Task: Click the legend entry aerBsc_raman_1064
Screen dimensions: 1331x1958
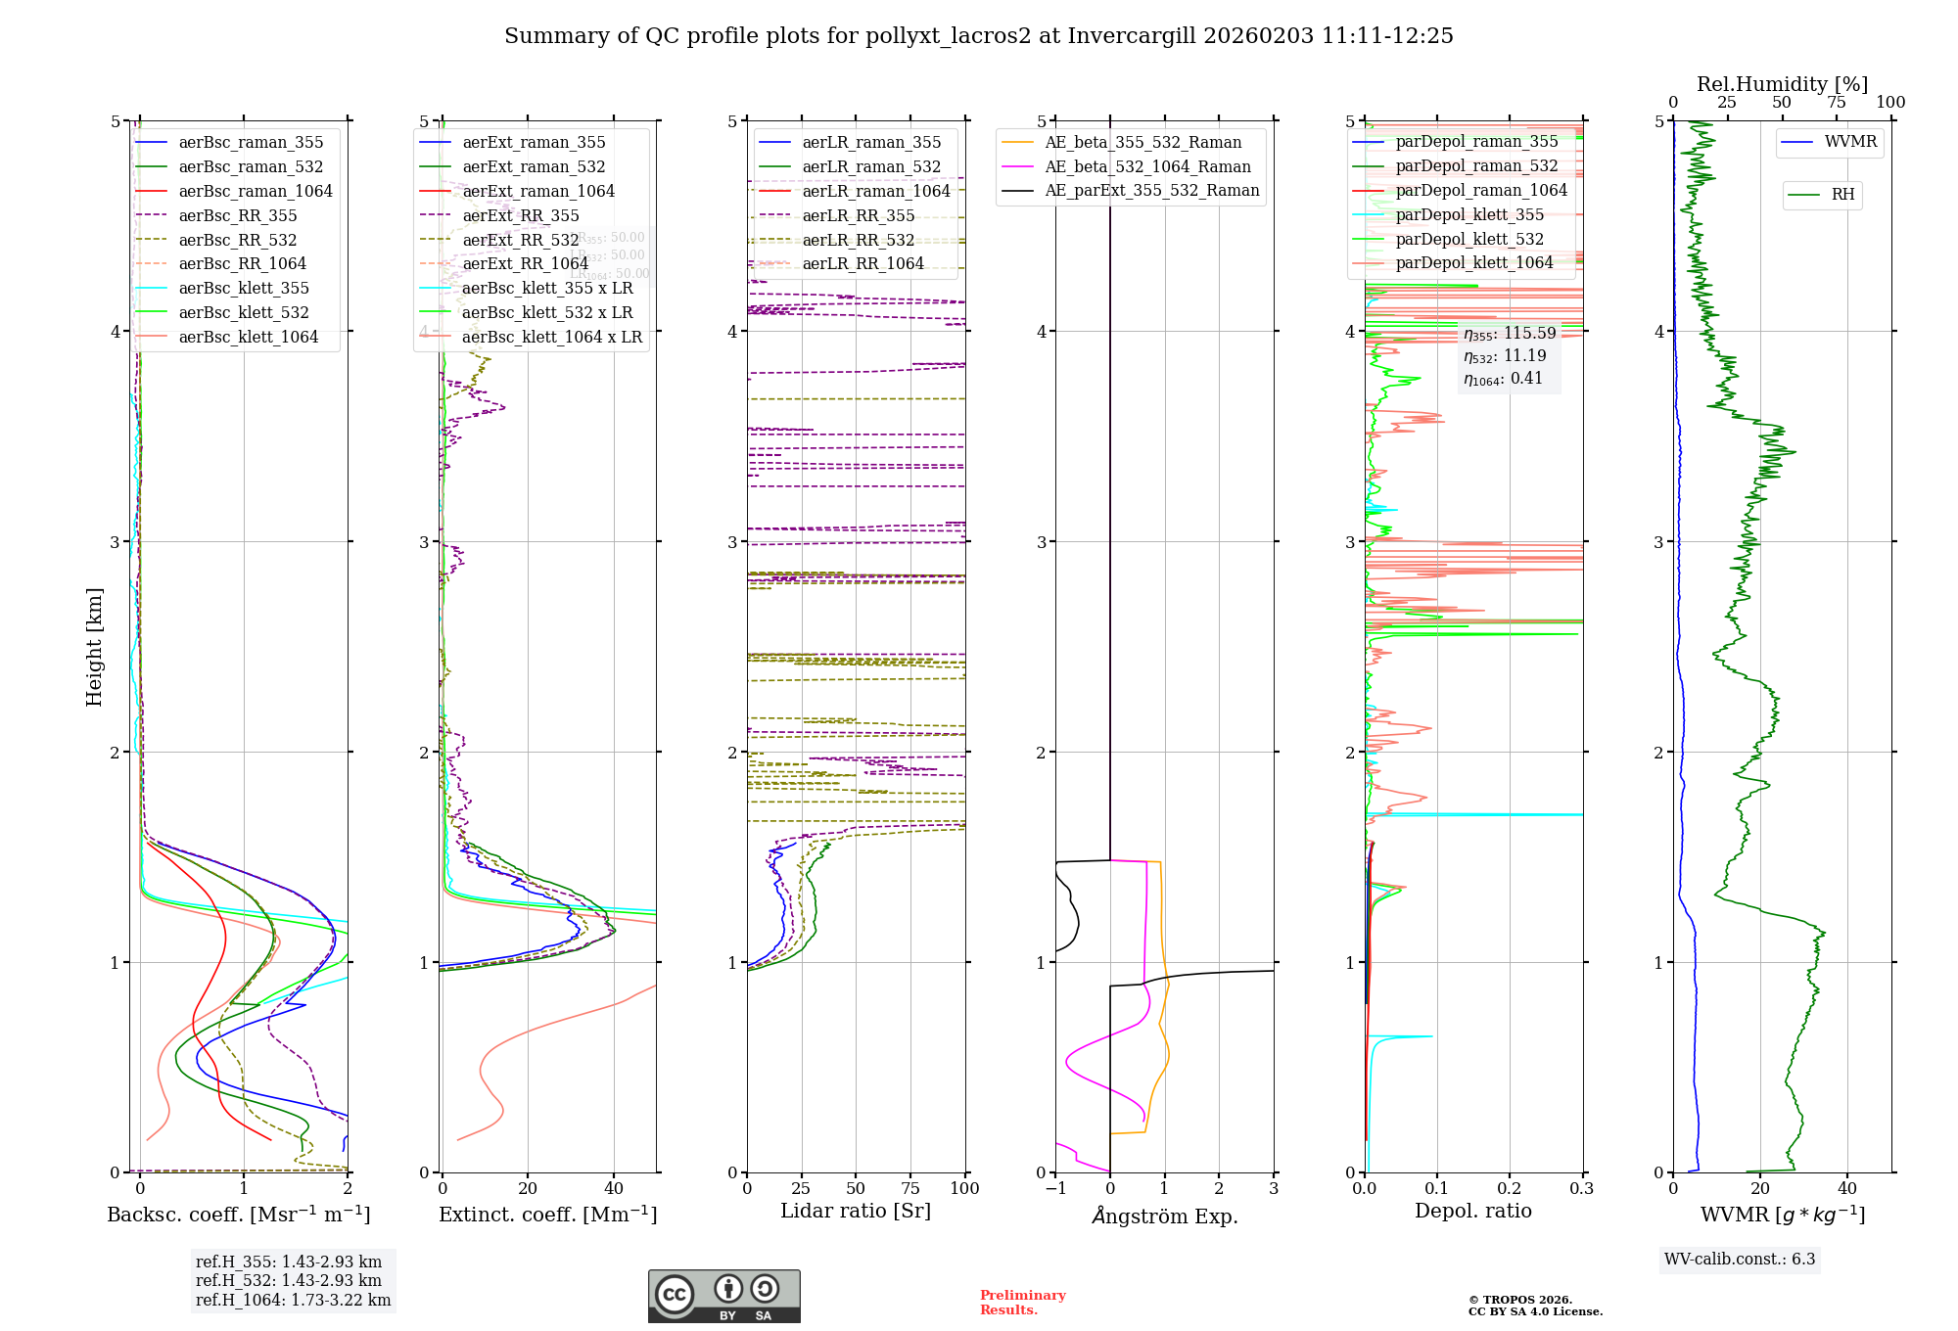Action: click(x=255, y=191)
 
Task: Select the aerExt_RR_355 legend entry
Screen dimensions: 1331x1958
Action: click(x=521, y=215)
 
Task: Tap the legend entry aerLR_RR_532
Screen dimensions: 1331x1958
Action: click(x=858, y=240)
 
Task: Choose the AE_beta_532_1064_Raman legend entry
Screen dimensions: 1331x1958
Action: click(x=1147, y=166)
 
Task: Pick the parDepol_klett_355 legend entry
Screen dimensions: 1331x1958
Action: click(x=1469, y=214)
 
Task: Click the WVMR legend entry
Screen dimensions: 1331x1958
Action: click(x=1850, y=142)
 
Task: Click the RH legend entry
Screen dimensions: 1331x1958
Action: click(x=1842, y=195)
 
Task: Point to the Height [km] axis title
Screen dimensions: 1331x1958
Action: click(x=94, y=647)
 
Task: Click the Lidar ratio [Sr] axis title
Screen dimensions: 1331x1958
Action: click(x=856, y=1211)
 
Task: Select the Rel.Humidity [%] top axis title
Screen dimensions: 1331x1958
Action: click(x=1782, y=84)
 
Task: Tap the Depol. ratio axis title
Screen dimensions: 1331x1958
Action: click(x=1472, y=1211)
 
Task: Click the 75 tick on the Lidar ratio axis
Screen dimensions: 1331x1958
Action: click(x=910, y=1188)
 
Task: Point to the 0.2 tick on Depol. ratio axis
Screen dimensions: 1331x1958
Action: click(x=1510, y=1188)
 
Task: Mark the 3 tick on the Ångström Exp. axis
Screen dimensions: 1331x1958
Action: click(x=1274, y=1188)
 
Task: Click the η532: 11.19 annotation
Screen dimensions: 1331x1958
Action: click(x=1505, y=356)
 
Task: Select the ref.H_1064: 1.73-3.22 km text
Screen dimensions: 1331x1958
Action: click(x=293, y=1300)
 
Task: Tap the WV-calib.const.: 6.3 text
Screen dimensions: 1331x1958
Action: click(x=1740, y=1259)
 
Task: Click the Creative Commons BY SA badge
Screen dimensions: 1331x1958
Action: click(x=723, y=1296)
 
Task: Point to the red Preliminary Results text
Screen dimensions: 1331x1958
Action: click(x=1022, y=1302)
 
